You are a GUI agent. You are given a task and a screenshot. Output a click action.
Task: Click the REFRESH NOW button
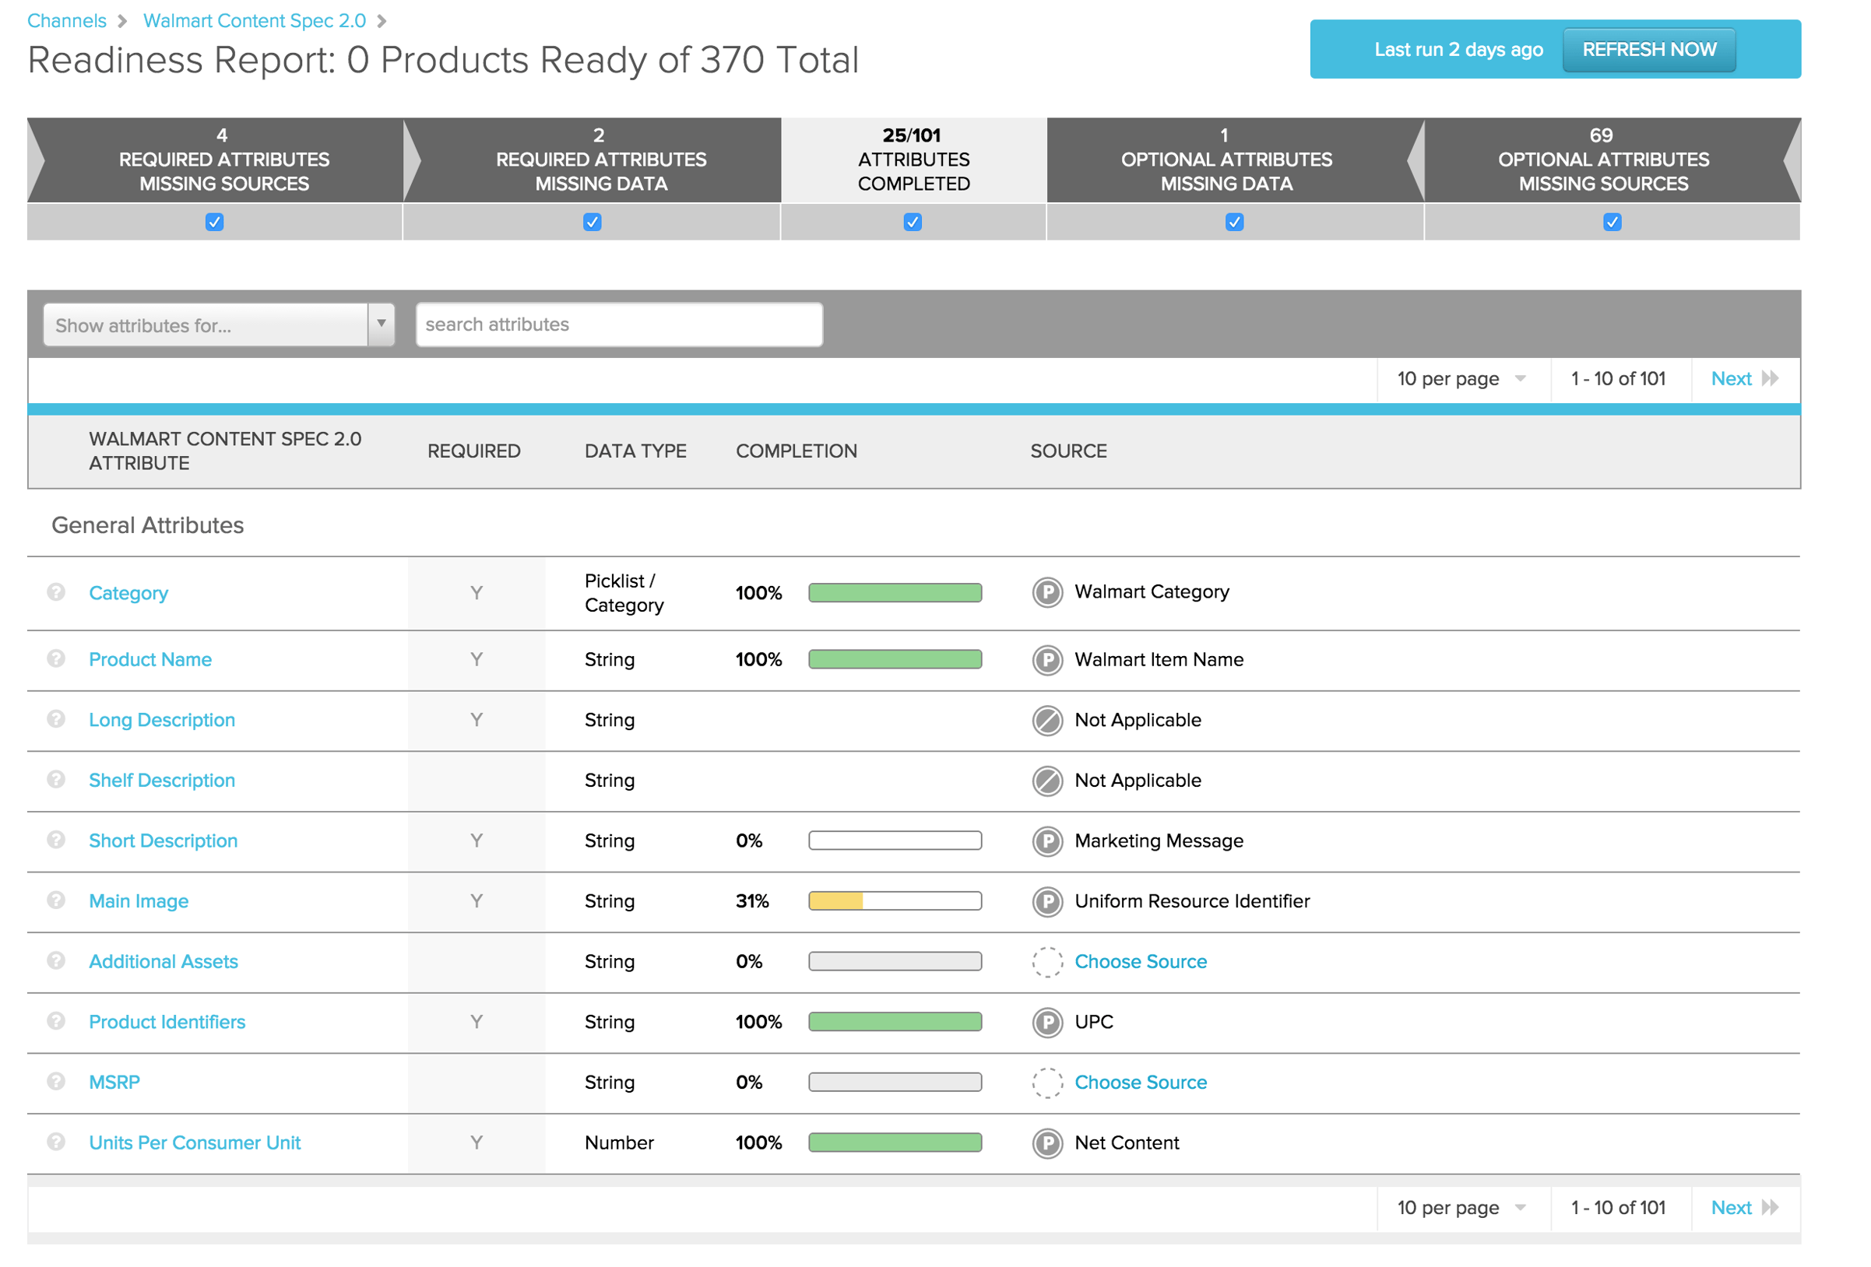click(x=1648, y=50)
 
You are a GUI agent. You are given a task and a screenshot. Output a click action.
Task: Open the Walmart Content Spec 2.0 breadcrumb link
click(x=255, y=21)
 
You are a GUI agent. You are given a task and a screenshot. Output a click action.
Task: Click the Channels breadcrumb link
click(x=67, y=21)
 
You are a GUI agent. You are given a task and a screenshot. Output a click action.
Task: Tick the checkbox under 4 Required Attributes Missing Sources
click(x=214, y=222)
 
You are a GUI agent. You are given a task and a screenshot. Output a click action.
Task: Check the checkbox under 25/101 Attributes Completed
click(x=913, y=222)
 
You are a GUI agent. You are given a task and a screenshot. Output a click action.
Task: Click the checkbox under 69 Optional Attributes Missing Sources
click(x=1611, y=222)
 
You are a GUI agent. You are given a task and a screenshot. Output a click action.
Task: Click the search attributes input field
click(x=618, y=325)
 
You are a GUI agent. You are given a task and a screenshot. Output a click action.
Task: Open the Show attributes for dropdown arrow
click(x=381, y=325)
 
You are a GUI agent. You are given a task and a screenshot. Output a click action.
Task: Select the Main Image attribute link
click(x=139, y=900)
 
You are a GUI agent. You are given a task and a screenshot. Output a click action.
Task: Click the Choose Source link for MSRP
click(x=1140, y=1082)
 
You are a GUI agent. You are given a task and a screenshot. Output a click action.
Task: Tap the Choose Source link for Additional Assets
click(x=1140, y=961)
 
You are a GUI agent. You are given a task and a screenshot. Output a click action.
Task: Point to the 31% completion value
click(x=752, y=900)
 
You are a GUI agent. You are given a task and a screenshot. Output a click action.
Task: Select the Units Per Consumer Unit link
click(x=194, y=1142)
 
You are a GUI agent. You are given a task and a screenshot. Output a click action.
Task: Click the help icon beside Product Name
click(x=55, y=658)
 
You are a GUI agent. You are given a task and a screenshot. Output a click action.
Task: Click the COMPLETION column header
click(x=796, y=451)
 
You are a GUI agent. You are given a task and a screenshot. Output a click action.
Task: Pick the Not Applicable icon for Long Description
click(x=1046, y=721)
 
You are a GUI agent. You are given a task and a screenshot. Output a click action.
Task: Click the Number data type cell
click(x=618, y=1142)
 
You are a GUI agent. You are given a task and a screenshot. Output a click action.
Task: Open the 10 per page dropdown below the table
click(x=1461, y=1207)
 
